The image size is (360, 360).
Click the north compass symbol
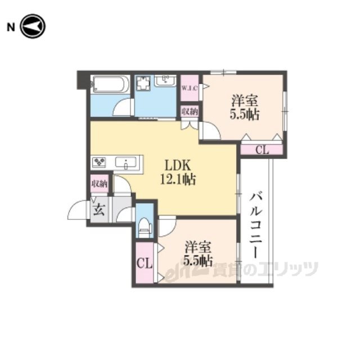coord(33,26)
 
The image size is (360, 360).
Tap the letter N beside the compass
coord(11,28)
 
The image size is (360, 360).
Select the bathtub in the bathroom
coord(110,84)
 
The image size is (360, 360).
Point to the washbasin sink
coord(165,80)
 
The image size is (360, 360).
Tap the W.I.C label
coord(190,88)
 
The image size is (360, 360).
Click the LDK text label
coord(177,165)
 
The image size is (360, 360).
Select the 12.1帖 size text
coord(178,179)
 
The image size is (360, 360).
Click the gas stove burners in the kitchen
coord(99,163)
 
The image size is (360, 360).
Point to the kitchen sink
coord(125,163)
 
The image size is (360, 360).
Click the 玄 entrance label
coord(99,210)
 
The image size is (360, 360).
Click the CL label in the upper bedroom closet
coord(262,150)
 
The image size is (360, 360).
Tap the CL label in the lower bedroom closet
coord(145,263)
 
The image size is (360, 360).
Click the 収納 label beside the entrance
coord(100,184)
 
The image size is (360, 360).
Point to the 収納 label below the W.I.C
coord(190,112)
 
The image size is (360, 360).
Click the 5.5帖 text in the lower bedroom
coord(198,260)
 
